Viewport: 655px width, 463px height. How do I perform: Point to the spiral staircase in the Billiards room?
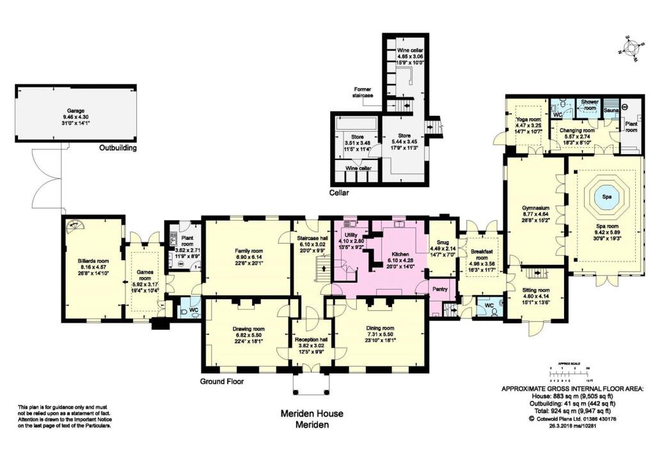pos(75,226)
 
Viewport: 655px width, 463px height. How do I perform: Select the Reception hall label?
pos(311,340)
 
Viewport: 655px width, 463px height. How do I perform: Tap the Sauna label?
pos(612,111)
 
